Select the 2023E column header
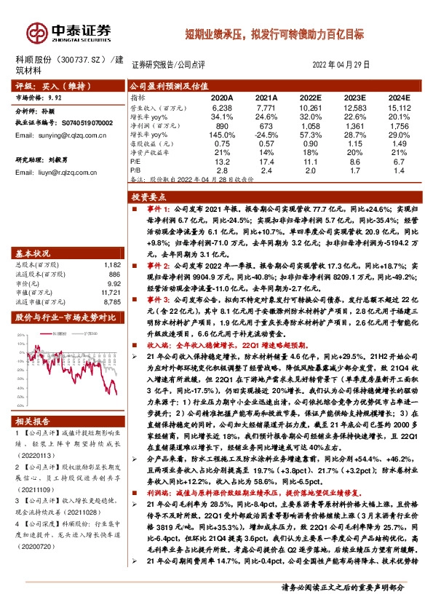pos(352,96)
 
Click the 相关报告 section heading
pos(33,421)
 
